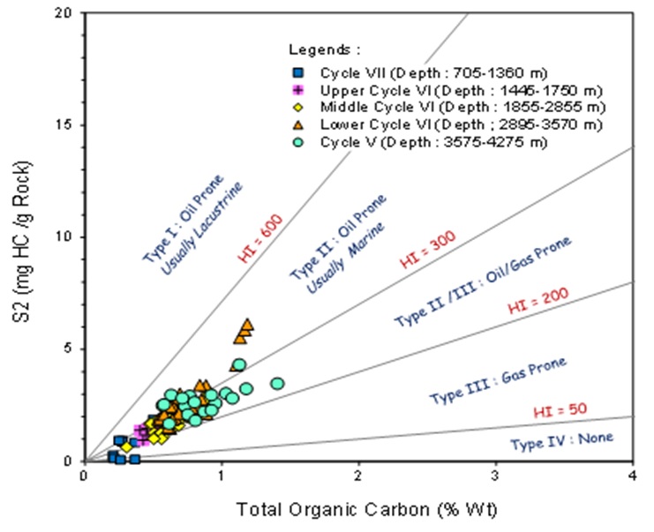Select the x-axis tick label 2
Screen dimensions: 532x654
tap(358, 476)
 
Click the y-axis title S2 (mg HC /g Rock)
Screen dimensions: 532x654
tap(26, 236)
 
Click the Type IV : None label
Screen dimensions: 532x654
tap(561, 439)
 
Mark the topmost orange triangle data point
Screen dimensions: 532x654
tap(247, 325)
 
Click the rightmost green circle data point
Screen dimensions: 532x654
tap(277, 384)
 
